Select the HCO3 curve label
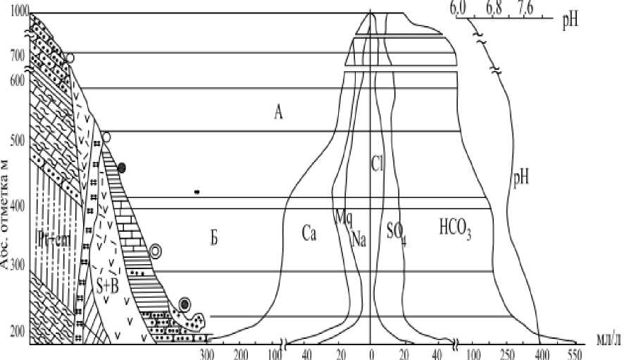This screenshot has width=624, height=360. pyautogui.click(x=454, y=228)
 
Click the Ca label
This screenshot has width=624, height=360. pyautogui.click(x=308, y=233)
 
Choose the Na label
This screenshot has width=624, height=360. pyautogui.click(x=358, y=239)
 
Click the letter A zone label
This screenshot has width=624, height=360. pyautogui.click(x=279, y=111)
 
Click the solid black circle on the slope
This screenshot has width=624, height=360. pyautogui.click(x=122, y=168)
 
